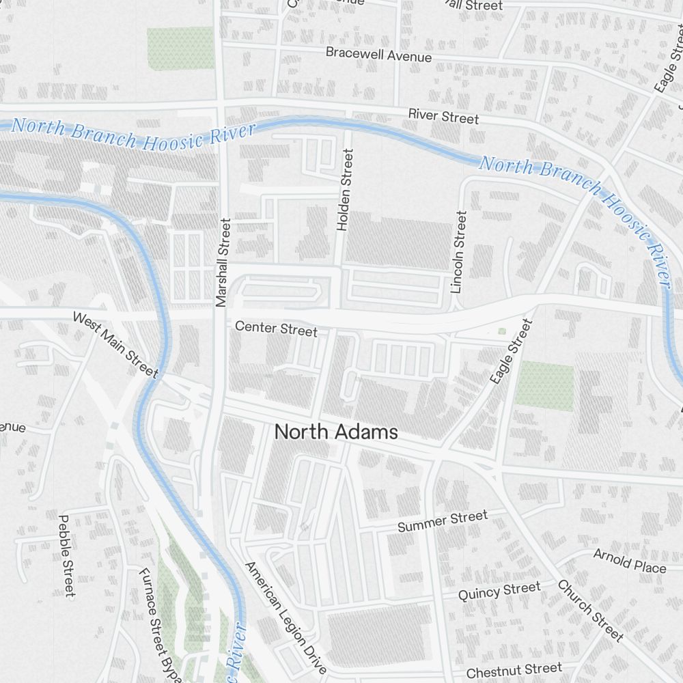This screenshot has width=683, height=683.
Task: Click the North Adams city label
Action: pos(335,432)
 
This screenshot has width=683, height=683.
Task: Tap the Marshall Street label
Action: pos(223,262)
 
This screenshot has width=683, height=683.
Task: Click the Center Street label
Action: pos(276,329)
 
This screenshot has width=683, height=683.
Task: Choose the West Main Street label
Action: pos(115,345)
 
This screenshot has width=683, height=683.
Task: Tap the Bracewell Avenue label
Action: pos(378,54)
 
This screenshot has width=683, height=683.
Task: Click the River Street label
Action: pos(443,116)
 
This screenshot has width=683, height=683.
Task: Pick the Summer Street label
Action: pos(443,521)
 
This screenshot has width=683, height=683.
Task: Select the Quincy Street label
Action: pos(499,591)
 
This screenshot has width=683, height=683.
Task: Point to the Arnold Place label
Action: pos(629,561)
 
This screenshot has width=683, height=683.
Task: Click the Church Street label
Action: pos(591,611)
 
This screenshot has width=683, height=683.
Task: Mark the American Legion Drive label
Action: pos(285,618)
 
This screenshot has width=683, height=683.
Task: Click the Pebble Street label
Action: pos(66,555)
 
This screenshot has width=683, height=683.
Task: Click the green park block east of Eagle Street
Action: pos(544,387)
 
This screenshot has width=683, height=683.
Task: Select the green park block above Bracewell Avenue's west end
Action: pos(181,48)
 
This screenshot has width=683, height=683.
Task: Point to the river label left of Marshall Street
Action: pos(133,133)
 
